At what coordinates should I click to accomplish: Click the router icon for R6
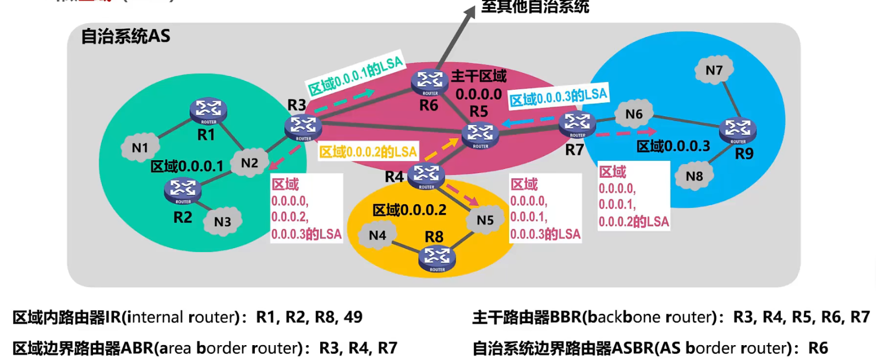tap(430, 82)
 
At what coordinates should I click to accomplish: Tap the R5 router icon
tap(480, 135)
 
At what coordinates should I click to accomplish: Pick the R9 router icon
tap(737, 130)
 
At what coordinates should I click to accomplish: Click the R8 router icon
tap(437, 258)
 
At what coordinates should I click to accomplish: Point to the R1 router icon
tap(208, 110)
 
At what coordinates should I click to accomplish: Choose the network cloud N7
tap(714, 70)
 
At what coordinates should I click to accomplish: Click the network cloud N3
tap(222, 221)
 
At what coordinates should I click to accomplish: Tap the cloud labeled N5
tap(485, 220)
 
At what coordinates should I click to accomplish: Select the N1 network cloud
tap(140, 148)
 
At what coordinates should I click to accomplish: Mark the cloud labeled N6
tap(634, 114)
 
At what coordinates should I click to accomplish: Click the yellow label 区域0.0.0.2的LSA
tap(368, 151)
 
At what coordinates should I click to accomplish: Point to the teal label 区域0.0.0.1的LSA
tap(355, 76)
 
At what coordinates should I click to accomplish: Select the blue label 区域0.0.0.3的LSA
tap(558, 97)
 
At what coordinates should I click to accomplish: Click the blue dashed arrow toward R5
tap(528, 121)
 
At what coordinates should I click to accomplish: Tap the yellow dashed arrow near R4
tap(442, 149)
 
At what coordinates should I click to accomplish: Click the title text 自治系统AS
tap(125, 36)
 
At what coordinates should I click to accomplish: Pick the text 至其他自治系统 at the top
tap(535, 7)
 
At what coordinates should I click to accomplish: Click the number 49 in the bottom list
tap(353, 317)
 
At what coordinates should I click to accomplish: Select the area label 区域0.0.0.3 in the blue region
tap(673, 146)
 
